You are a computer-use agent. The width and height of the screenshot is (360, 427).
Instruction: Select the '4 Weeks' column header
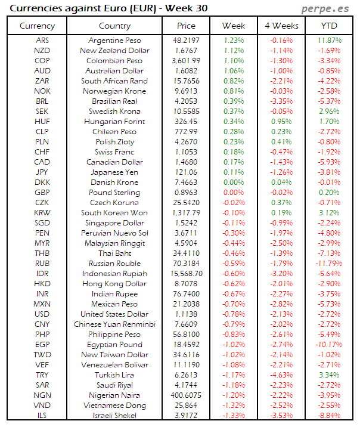pos(281,26)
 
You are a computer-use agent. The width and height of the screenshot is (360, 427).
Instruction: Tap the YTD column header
pos(329,26)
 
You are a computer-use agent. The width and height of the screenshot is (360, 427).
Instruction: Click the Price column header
pos(186,26)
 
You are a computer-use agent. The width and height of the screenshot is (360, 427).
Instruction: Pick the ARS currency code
pos(42,41)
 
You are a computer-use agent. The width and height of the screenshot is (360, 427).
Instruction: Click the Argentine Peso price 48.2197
pos(186,41)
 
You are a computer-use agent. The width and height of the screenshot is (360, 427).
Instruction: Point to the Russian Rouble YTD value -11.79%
pos(329,264)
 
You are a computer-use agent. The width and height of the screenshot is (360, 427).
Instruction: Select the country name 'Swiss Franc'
pos(114,152)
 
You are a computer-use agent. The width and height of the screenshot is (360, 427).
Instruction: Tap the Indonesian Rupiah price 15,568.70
pos(186,274)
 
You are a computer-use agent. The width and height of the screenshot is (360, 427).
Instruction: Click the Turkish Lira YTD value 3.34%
pos(329,375)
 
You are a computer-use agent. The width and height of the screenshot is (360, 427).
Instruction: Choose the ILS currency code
pos(42,416)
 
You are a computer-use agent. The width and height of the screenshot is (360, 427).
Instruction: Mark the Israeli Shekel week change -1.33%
pos(234,416)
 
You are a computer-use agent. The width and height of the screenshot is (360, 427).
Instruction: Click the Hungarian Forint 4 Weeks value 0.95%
pos(281,122)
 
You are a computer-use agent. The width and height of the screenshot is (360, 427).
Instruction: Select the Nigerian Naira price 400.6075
pos(186,395)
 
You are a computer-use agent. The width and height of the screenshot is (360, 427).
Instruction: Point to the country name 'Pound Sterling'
pos(114,193)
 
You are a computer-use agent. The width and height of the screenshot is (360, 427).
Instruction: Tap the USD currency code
pos(42,314)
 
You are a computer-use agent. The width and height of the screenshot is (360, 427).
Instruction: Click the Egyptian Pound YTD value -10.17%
pos(329,345)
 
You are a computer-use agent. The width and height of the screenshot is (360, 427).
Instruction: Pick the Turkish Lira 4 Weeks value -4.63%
pos(281,375)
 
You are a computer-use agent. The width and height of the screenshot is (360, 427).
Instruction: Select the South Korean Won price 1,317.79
pos(186,213)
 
